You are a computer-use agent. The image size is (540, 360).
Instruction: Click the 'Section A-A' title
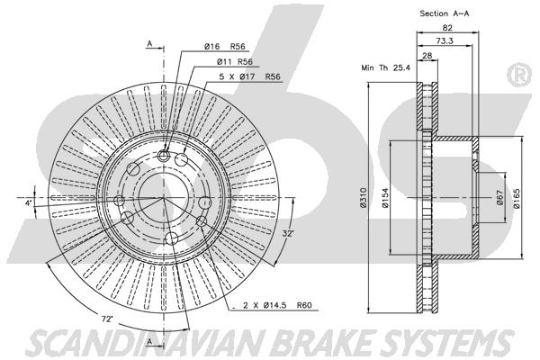tap(445, 13)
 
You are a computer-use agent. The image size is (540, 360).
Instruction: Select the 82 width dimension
tap(447, 28)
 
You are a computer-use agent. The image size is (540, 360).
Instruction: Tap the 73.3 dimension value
tap(445, 40)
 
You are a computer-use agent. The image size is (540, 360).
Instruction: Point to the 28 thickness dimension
tap(427, 56)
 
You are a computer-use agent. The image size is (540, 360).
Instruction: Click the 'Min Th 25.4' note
tap(386, 67)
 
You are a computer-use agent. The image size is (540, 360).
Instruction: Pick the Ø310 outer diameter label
tap(363, 197)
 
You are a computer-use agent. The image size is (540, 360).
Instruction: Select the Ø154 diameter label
tap(385, 197)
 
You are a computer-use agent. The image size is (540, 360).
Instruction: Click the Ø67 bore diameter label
tap(500, 197)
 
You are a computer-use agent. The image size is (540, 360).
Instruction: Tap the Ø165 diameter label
tap(517, 198)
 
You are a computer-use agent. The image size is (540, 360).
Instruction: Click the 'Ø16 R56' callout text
tap(224, 47)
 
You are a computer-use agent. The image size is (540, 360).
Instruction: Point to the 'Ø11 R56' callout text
tap(235, 62)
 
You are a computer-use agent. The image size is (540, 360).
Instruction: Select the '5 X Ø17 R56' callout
tap(250, 76)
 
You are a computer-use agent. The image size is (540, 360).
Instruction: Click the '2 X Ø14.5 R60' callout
tap(277, 305)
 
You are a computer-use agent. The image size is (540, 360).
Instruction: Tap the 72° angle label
tap(107, 319)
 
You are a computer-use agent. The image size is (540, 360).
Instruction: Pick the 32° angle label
tap(288, 233)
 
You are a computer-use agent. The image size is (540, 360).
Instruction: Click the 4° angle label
tap(29, 202)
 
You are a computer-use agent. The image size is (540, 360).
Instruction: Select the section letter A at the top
tap(149, 44)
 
